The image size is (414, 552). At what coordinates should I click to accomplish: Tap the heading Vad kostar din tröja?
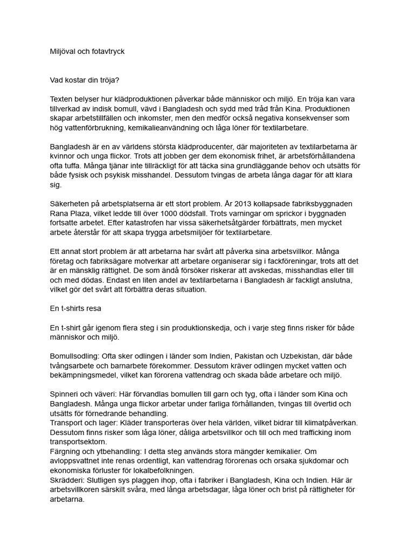tap(85, 80)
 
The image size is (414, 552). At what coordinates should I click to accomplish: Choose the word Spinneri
tap(65, 395)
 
